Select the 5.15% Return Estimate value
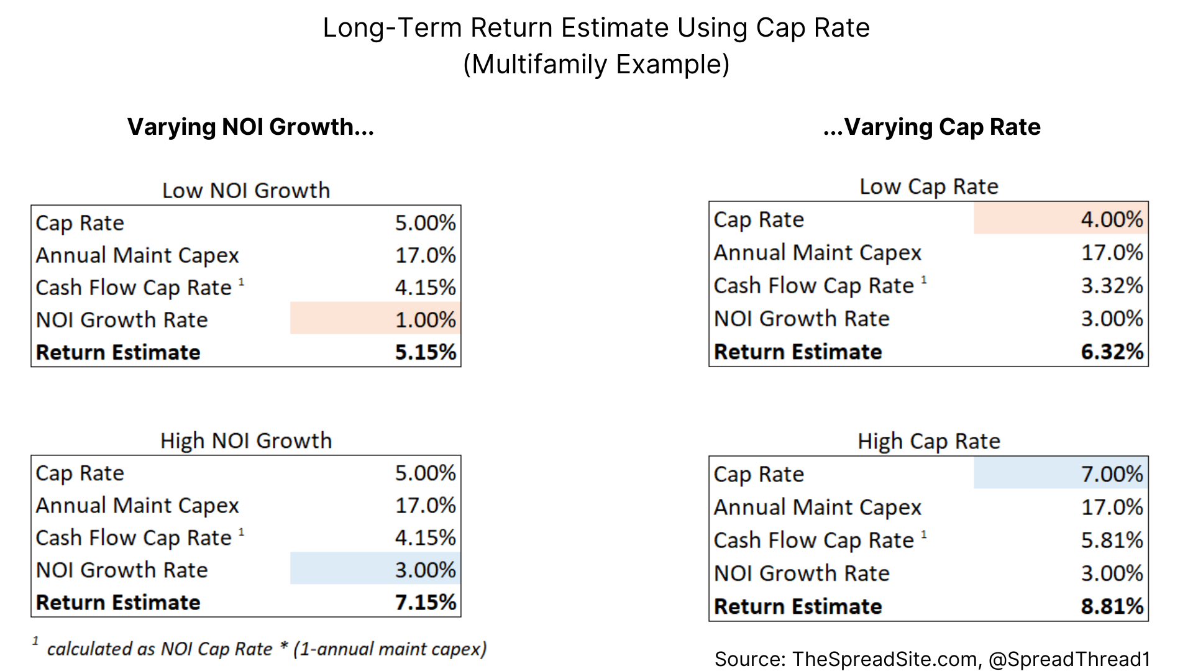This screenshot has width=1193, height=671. click(x=425, y=352)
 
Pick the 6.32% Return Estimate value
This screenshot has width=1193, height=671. click(x=1111, y=352)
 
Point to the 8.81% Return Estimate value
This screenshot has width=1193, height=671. click(x=1111, y=606)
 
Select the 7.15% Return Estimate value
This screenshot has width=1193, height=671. click(x=425, y=602)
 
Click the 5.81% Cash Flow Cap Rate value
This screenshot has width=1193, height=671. click(x=1111, y=540)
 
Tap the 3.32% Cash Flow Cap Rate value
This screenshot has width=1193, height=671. click(x=1111, y=286)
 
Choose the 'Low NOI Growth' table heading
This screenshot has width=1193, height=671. click(x=246, y=190)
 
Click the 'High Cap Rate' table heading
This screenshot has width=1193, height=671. click(x=929, y=441)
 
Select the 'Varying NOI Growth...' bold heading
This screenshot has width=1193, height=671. click(x=250, y=127)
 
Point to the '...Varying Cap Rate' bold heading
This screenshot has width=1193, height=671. click(x=931, y=127)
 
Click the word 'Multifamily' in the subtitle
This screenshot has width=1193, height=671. click(x=539, y=65)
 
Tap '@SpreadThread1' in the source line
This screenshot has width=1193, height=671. click(x=1069, y=659)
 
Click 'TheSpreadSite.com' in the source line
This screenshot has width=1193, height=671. click(x=885, y=659)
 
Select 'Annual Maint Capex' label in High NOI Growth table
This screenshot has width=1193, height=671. click(x=137, y=506)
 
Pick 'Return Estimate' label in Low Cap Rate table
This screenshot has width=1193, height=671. click(x=798, y=352)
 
